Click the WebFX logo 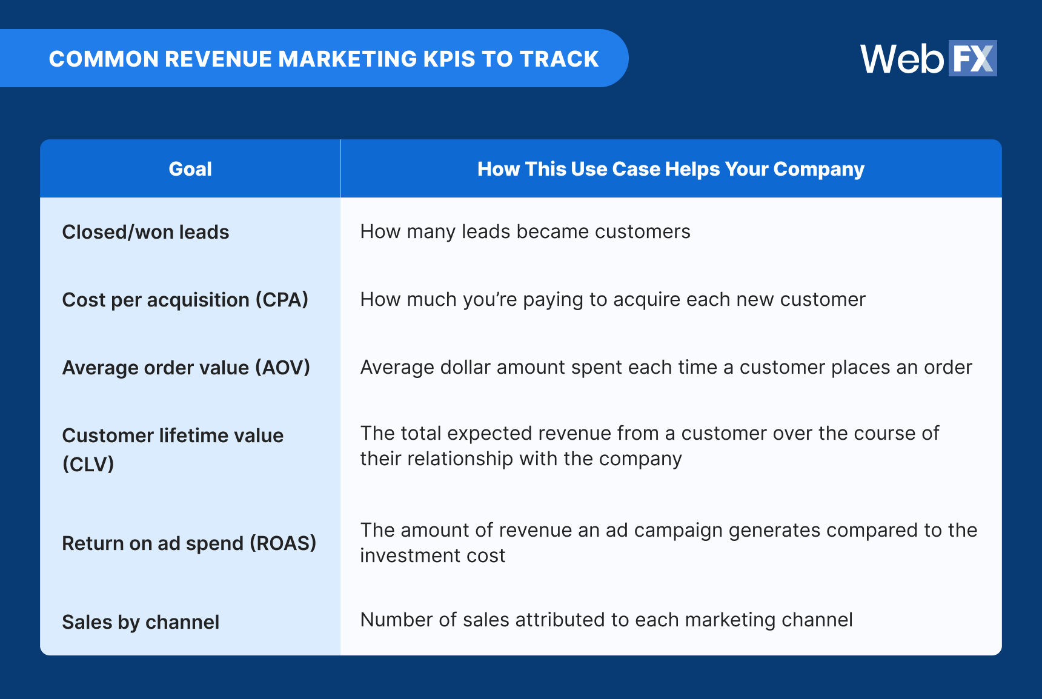click(928, 59)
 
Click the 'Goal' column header click(190, 169)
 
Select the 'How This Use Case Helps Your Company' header click(671, 169)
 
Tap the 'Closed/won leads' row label click(145, 232)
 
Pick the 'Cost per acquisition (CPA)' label click(185, 300)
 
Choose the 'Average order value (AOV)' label click(186, 368)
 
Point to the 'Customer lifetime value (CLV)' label click(173, 449)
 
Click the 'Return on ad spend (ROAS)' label click(189, 543)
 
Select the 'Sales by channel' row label click(141, 622)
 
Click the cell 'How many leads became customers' click(525, 232)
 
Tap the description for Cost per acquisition click(612, 300)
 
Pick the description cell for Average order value click(666, 368)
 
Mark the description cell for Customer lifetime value click(649, 446)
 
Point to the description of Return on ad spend click(668, 543)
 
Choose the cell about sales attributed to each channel click(606, 620)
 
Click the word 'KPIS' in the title click(449, 59)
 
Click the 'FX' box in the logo click(972, 59)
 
